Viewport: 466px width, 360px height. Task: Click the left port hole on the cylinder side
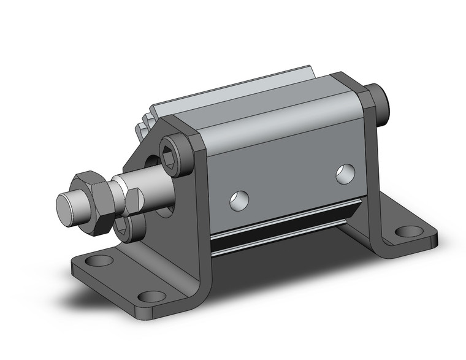(x=240, y=199)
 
